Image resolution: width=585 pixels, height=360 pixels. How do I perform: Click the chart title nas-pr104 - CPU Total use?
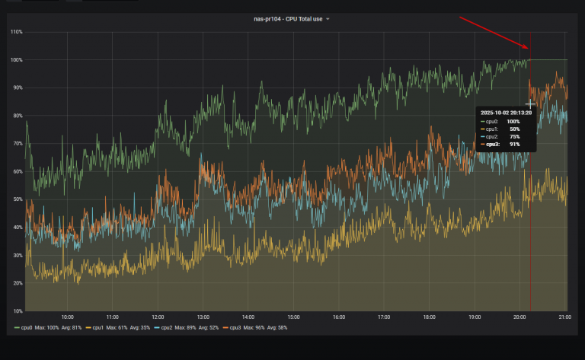[288, 19]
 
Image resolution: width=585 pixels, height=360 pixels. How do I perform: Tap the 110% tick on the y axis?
[16, 32]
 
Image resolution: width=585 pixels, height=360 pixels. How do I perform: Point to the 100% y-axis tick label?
[16, 59]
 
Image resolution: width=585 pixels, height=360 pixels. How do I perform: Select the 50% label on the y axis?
[17, 199]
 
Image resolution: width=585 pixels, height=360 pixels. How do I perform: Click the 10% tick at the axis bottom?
[17, 311]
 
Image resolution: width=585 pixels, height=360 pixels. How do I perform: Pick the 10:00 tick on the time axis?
[67, 317]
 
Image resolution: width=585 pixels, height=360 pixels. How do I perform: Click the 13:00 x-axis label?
[203, 317]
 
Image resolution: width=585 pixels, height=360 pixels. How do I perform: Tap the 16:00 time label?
[338, 317]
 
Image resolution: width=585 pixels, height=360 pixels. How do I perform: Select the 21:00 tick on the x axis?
[564, 317]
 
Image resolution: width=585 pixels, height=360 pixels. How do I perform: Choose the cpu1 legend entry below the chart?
[95, 327]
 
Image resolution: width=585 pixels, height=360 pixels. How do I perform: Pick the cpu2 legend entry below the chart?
[165, 327]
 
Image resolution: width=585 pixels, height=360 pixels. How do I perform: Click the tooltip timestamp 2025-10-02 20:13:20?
[506, 112]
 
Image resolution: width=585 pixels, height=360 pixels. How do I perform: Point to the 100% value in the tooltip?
[513, 121]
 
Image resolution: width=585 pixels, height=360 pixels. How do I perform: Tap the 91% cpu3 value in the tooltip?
[515, 144]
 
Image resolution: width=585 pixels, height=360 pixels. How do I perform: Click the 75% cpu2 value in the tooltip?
[515, 136]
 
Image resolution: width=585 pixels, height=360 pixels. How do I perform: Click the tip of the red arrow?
[528, 49]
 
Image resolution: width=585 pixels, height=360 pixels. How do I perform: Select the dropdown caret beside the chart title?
[328, 19]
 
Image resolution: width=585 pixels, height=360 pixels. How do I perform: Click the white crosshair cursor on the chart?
[530, 104]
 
